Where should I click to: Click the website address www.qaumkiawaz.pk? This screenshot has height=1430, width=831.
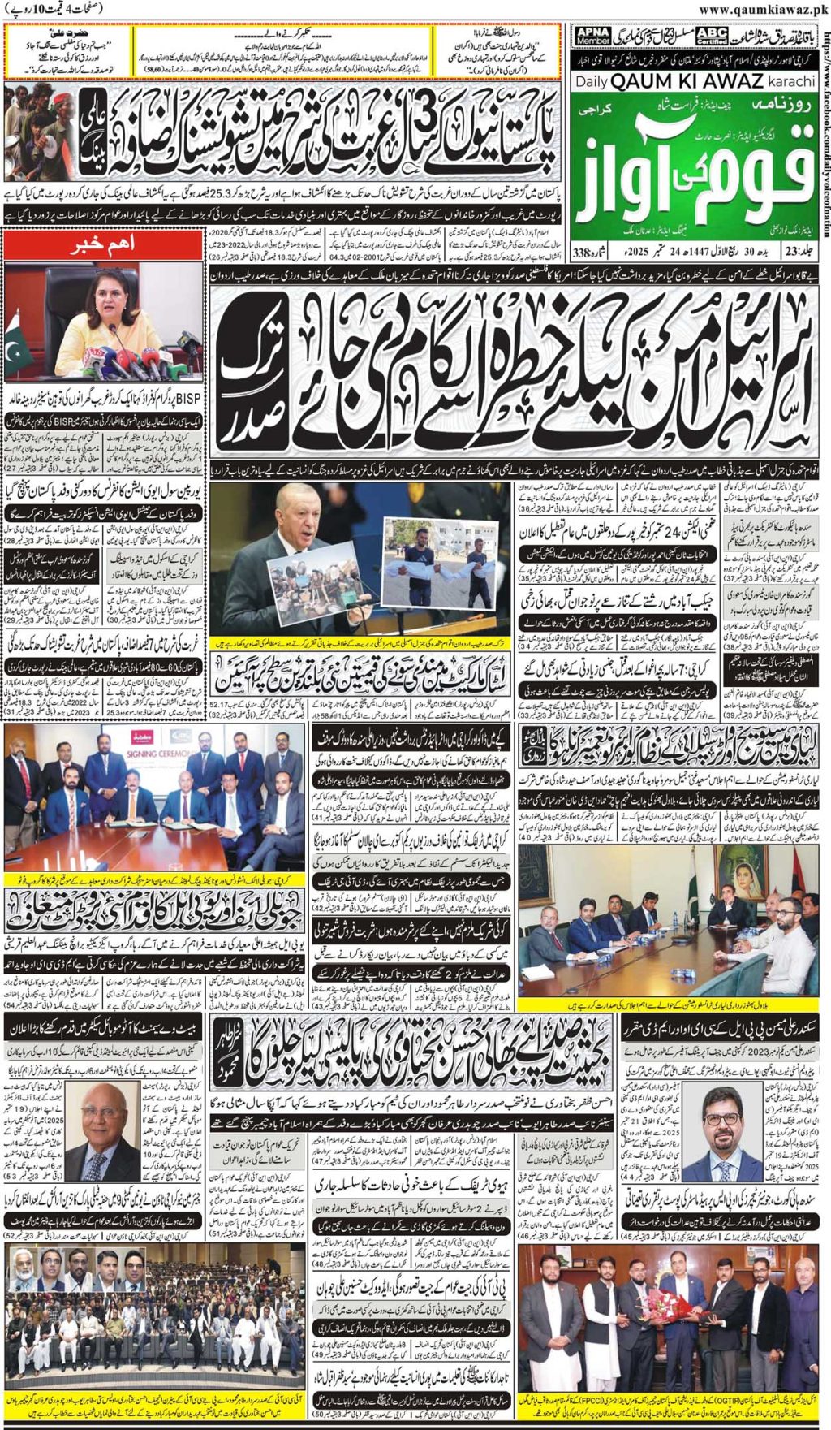click(x=763, y=9)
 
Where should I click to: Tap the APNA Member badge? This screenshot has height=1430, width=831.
click(x=593, y=37)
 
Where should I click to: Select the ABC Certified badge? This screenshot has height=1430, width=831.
click(x=712, y=37)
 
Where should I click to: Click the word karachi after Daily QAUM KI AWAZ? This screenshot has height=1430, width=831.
click(x=790, y=82)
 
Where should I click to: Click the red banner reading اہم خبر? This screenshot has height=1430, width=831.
click(x=102, y=244)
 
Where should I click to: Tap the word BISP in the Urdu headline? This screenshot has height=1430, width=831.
click(x=188, y=399)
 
